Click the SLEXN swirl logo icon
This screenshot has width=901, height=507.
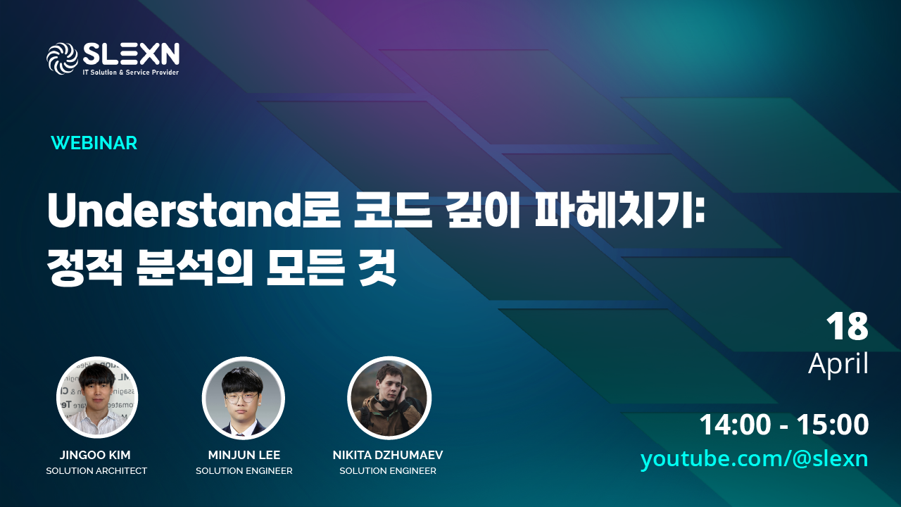point(62,58)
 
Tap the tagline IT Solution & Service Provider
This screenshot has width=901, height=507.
point(131,73)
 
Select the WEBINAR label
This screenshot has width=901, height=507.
point(94,143)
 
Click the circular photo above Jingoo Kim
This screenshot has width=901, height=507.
point(97,398)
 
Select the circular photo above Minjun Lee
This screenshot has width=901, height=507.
point(244,398)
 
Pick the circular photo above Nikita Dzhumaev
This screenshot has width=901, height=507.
point(389,398)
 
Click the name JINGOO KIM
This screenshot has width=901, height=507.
point(96,455)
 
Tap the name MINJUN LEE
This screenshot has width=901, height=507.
point(244,455)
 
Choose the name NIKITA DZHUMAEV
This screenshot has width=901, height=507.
point(388,455)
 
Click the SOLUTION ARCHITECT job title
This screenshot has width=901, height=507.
point(96,471)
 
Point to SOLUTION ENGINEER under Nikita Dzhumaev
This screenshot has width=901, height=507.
point(388,471)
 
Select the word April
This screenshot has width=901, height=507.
point(838,364)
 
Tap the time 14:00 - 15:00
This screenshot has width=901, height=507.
point(784,425)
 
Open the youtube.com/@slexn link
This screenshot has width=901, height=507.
point(754,459)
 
